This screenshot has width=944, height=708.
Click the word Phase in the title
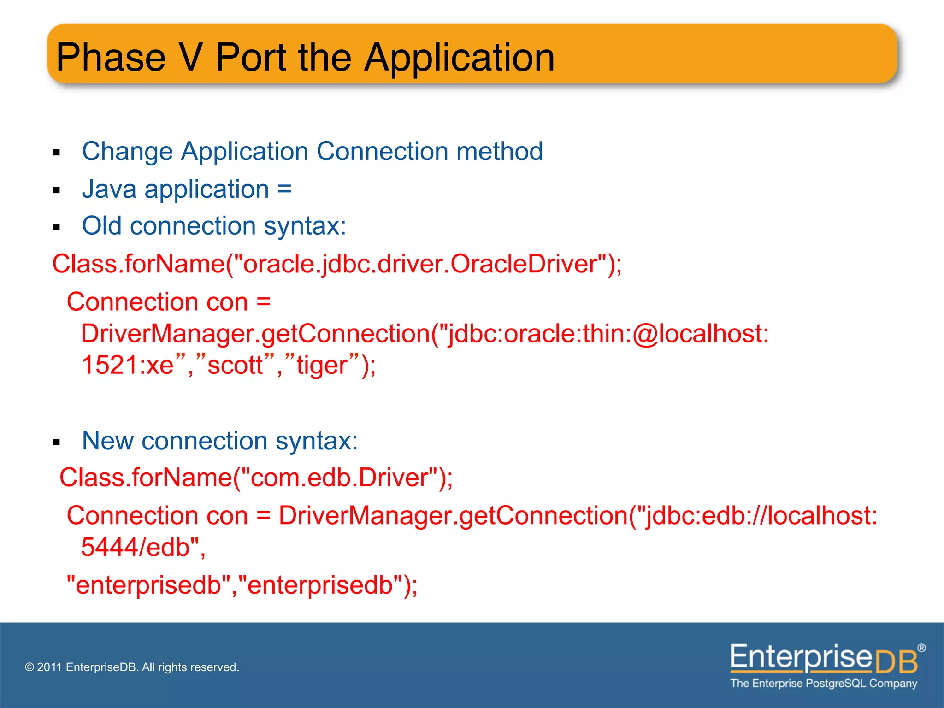click(111, 58)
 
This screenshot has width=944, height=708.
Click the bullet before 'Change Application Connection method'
click(57, 153)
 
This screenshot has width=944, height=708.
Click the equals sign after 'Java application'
click(284, 189)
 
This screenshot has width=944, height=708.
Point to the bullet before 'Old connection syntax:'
click(57, 227)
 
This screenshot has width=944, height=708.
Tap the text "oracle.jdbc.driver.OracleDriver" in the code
click(419, 264)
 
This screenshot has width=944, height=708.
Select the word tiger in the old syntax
click(322, 365)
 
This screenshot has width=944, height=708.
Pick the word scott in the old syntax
click(235, 365)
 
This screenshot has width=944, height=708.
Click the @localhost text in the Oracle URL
click(700, 333)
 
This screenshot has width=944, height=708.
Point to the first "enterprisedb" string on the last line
click(149, 585)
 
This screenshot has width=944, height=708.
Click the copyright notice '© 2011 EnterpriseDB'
click(132, 667)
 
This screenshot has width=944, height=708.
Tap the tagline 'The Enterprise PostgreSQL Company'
click(823, 683)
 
